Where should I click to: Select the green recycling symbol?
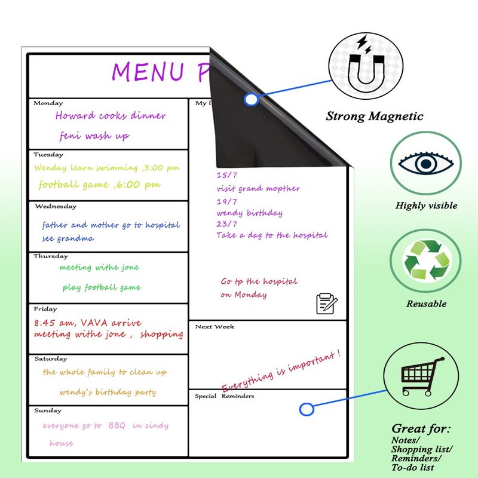(x=426, y=261)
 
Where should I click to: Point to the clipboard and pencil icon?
(x=326, y=303)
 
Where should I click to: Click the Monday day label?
(x=48, y=103)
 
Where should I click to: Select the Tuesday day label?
(x=49, y=155)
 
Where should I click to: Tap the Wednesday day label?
(x=56, y=207)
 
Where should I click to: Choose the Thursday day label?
(x=51, y=256)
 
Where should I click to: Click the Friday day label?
(x=46, y=310)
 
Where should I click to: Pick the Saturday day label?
(x=51, y=359)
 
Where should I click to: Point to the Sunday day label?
(x=47, y=411)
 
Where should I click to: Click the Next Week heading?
(x=215, y=327)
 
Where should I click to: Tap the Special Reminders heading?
(x=225, y=396)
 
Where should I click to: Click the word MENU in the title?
(x=147, y=71)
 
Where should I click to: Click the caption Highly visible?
(x=426, y=206)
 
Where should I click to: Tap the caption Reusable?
(x=426, y=304)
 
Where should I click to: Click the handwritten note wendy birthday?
(x=250, y=213)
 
